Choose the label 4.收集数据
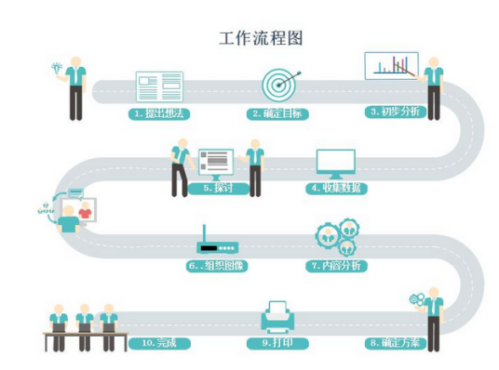click(x=337, y=188)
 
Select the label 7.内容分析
click(x=337, y=266)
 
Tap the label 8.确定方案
click(x=395, y=342)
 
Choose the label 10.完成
click(x=158, y=343)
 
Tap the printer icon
click(x=277, y=315)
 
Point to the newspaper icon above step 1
click(x=159, y=86)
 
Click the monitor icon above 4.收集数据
click(x=336, y=164)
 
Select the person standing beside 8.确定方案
click(x=434, y=321)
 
